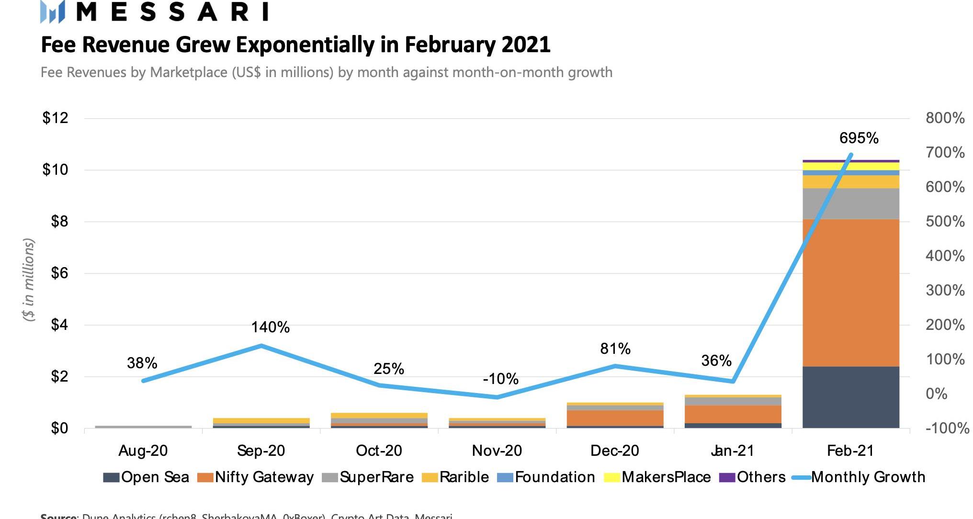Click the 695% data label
(859, 138)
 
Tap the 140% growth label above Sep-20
(270, 327)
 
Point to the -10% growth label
(500, 379)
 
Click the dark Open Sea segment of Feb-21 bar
(850, 397)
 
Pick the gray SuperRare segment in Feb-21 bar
(850, 203)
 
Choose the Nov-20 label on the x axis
(497, 451)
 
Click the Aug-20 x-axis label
(143, 451)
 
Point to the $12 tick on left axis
(55, 118)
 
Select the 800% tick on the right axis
(945, 118)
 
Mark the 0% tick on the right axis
(936, 394)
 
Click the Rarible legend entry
(455, 477)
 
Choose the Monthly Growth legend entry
(859, 477)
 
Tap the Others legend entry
(753, 477)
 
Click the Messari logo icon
(53, 11)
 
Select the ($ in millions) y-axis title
(29, 280)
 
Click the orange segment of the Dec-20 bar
(615, 418)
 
